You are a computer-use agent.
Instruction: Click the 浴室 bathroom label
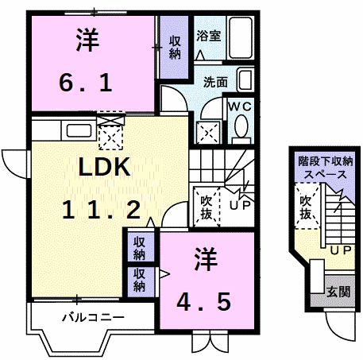coord(209,36)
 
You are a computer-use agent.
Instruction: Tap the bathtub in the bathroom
coord(240,37)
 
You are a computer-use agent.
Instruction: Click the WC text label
coord(240,106)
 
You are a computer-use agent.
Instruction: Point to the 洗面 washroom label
coord(215,82)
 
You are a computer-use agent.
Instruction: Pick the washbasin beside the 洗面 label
coord(245,79)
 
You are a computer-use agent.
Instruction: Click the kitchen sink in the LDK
coord(79,130)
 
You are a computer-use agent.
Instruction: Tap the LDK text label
coord(105,167)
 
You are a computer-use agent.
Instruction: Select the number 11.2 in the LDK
coord(102,210)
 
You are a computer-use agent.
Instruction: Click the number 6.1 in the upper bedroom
coord(86,83)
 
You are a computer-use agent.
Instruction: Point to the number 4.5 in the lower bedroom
coord(203,302)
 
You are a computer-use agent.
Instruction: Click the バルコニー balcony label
coord(93,317)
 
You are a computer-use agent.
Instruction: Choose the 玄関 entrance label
coord(338,292)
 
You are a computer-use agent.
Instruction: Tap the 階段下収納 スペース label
coord(326,168)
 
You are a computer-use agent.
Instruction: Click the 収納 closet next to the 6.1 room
coord(175,48)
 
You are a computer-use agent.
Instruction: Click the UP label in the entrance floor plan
coord(341,250)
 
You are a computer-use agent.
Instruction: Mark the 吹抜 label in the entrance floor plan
coord(306,207)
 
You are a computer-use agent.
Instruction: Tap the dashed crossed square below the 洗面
coord(208,133)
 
